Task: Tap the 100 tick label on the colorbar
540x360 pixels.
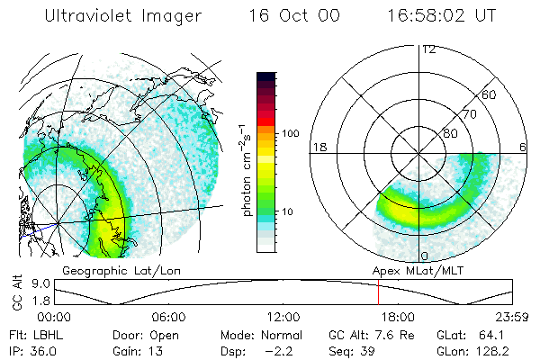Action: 291,133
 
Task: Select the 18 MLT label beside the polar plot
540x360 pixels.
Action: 318,147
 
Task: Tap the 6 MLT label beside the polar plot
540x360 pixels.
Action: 522,147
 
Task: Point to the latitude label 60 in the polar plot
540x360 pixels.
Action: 490,94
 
